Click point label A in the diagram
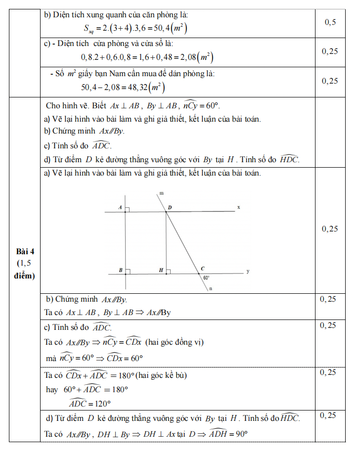(x=120, y=208)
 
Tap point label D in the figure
(x=169, y=208)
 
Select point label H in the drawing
(x=161, y=270)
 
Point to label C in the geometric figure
(x=202, y=269)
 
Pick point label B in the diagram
(x=120, y=270)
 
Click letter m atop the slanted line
(x=162, y=192)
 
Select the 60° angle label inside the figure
(x=206, y=278)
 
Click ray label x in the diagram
(x=238, y=208)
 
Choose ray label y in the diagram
(x=247, y=272)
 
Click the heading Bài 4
(x=25, y=251)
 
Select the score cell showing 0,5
(x=330, y=22)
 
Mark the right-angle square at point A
(x=127, y=210)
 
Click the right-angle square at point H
(x=168, y=271)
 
